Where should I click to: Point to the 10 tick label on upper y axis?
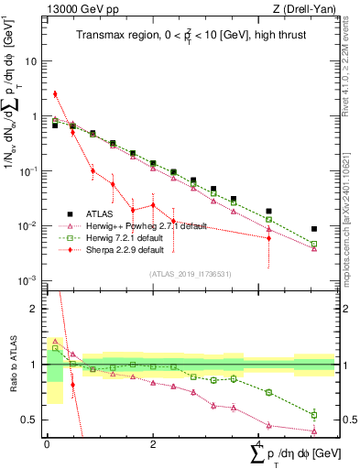click(x=31, y=61)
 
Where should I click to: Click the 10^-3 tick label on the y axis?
click(x=29, y=281)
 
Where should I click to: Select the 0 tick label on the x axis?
click(x=46, y=444)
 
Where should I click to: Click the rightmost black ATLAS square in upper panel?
click(x=314, y=229)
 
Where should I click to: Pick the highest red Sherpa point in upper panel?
click(x=55, y=93)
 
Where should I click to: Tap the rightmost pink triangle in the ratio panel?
click(x=314, y=431)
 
